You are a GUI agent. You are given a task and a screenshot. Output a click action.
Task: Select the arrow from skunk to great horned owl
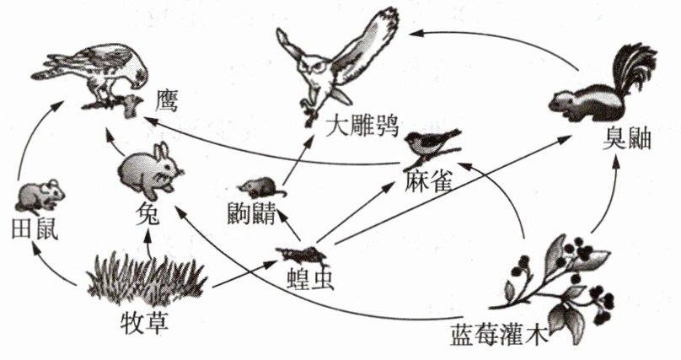[497, 42]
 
